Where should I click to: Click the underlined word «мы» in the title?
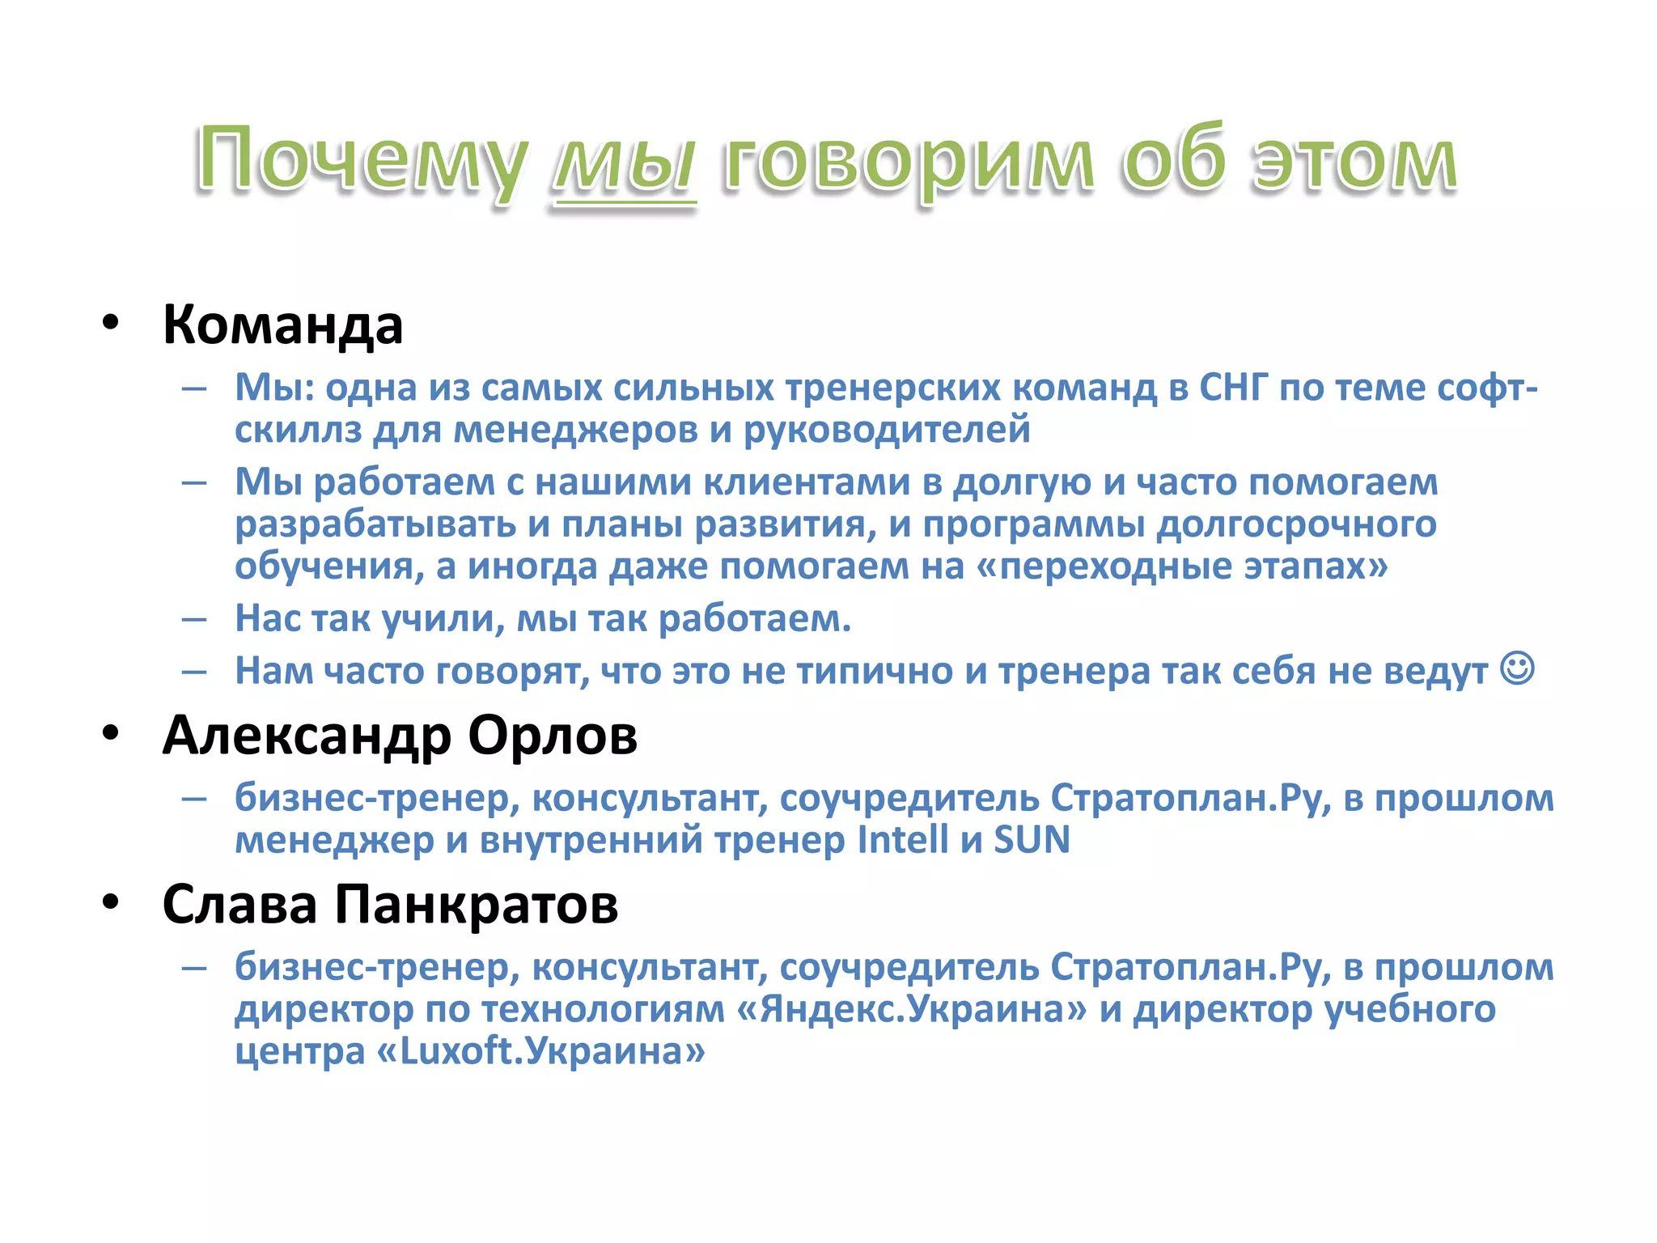click(623, 162)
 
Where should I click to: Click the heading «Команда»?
click(282, 325)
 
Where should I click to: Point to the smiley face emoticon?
click(1517, 668)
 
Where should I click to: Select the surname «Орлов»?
click(553, 736)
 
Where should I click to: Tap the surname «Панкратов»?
click(477, 905)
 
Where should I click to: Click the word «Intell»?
click(902, 839)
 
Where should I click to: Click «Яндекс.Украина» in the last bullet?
click(912, 1009)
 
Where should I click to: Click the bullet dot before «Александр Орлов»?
click(111, 733)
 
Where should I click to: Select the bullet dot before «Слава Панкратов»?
click(111, 901)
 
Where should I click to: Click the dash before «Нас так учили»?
click(195, 620)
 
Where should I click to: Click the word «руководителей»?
click(887, 430)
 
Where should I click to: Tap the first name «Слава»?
click(239, 905)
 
